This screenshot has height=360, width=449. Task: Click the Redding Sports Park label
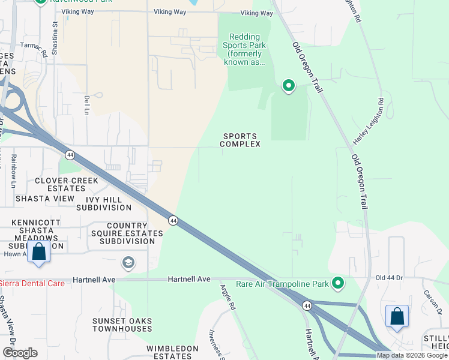coord(244,49)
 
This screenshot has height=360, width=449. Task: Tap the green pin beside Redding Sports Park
coord(289,86)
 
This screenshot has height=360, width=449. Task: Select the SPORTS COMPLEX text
coord(240,140)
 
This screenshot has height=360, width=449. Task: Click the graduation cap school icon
coord(128,262)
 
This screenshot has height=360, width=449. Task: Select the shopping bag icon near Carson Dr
coord(397,317)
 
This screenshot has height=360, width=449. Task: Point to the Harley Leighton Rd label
coord(367,122)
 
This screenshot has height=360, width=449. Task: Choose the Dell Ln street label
coord(87,106)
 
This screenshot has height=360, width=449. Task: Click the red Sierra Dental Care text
coord(31,283)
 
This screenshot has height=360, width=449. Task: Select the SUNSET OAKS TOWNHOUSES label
coord(122,325)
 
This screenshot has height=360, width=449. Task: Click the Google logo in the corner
coord(20,353)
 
